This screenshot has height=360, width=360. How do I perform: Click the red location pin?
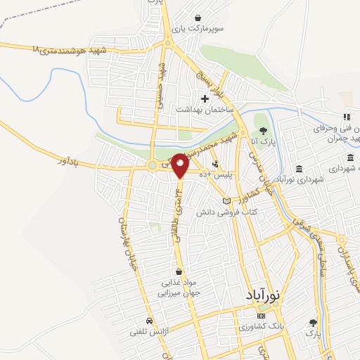pos(181,165)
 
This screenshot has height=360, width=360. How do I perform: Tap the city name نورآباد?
pos(264,296)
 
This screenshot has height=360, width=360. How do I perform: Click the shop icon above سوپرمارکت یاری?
pos(198,18)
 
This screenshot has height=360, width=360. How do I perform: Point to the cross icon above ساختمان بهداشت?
pos(205,98)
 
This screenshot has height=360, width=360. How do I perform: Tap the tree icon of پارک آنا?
pos(263,131)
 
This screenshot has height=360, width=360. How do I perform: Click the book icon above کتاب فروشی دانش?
pos(226,201)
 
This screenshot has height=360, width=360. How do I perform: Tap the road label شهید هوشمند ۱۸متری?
pos(68,50)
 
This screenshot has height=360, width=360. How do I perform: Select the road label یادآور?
pos(71,162)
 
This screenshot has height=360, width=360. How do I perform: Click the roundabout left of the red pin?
pos(152,166)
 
